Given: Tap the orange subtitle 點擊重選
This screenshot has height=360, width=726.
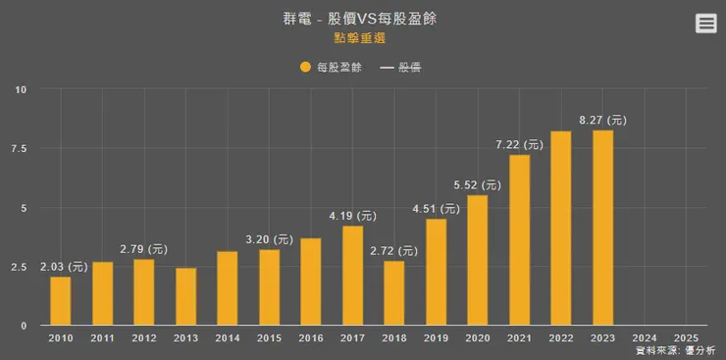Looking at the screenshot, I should (x=358, y=38).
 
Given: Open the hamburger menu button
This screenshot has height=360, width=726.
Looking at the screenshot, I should (x=705, y=25).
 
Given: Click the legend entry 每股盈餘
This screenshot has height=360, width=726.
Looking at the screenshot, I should (x=330, y=68).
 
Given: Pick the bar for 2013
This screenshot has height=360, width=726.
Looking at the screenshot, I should (x=185, y=296).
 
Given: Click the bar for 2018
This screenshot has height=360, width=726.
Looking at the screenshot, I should (x=393, y=292).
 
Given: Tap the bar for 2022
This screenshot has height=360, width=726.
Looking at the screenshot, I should (x=560, y=228).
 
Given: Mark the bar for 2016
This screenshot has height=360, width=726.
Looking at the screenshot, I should (x=310, y=282).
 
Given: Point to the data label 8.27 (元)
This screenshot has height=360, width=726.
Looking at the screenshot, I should (x=602, y=120).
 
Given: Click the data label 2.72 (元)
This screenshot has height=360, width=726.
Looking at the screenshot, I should (x=393, y=251).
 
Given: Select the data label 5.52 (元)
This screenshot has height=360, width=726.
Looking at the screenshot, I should (x=477, y=184).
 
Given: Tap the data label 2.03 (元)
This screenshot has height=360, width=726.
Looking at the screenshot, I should (x=64, y=266).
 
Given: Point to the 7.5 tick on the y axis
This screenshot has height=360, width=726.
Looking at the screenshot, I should (x=20, y=149).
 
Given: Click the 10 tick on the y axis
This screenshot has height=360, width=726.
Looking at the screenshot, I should (x=22, y=90).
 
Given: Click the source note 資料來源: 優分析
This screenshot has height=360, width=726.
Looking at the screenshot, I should (x=675, y=350).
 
